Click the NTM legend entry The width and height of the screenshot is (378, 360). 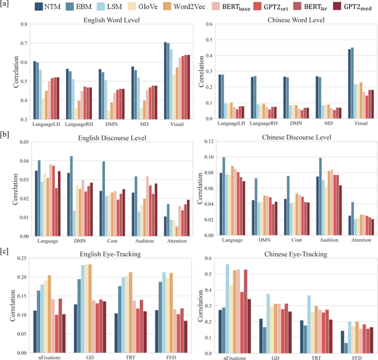[x=69, y=7]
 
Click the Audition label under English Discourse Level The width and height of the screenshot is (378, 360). [x=144, y=241]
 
